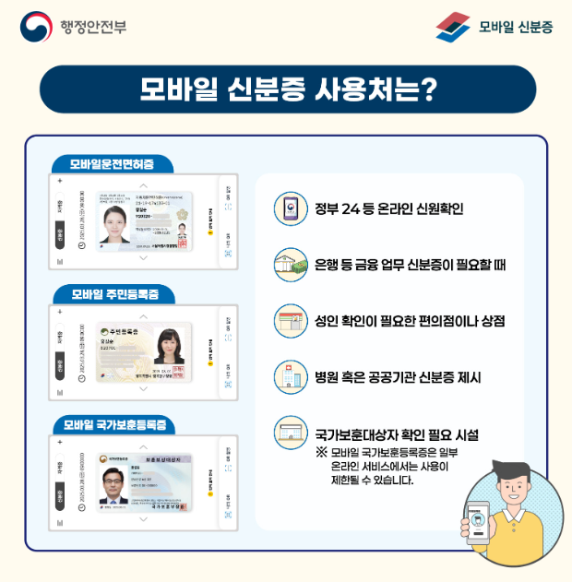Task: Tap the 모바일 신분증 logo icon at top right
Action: click(x=452, y=26)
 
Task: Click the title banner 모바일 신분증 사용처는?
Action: click(x=287, y=89)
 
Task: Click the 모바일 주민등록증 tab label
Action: click(x=115, y=294)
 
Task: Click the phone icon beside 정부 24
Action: click(x=289, y=208)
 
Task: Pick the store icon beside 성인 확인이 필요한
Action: click(x=290, y=320)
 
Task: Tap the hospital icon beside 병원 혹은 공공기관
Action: click(x=290, y=376)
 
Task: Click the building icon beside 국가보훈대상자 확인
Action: click(x=290, y=433)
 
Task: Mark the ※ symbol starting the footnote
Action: click(x=321, y=452)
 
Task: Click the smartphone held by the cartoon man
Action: click(x=478, y=522)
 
